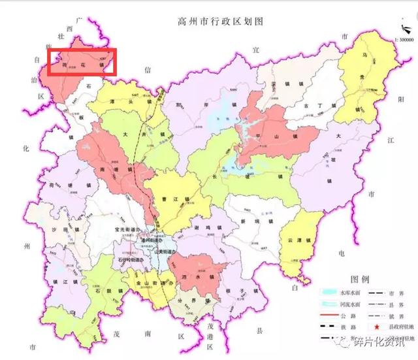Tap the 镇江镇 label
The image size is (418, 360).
coord(65,281)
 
